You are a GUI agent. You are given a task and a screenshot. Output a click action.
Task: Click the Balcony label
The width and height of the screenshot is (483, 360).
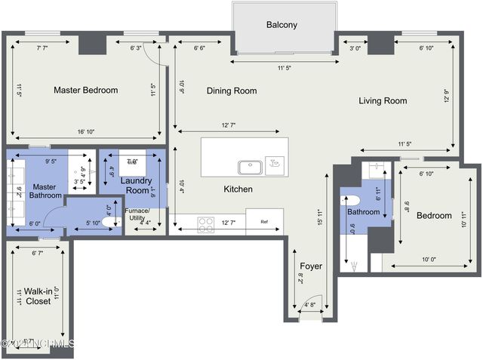281,25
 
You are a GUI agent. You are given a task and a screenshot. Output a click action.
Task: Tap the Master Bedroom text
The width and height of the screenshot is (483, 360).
85,91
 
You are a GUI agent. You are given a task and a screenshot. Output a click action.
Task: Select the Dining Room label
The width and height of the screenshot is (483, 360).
232,91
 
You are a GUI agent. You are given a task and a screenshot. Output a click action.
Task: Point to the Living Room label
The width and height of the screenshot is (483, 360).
383,100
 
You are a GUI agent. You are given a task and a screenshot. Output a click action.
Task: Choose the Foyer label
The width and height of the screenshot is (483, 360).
311,266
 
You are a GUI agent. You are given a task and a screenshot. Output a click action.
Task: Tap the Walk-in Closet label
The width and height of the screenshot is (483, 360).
37,295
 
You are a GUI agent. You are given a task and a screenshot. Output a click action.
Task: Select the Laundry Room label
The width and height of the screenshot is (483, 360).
136,186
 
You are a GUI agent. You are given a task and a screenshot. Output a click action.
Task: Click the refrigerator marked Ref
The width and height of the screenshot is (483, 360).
264,222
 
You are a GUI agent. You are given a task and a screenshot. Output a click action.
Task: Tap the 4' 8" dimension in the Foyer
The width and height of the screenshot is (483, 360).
310,306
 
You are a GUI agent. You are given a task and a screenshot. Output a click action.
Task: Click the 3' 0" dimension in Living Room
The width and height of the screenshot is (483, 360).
355,48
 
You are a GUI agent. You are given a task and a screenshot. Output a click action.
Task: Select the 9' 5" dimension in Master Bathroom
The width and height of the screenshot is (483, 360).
52,161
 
